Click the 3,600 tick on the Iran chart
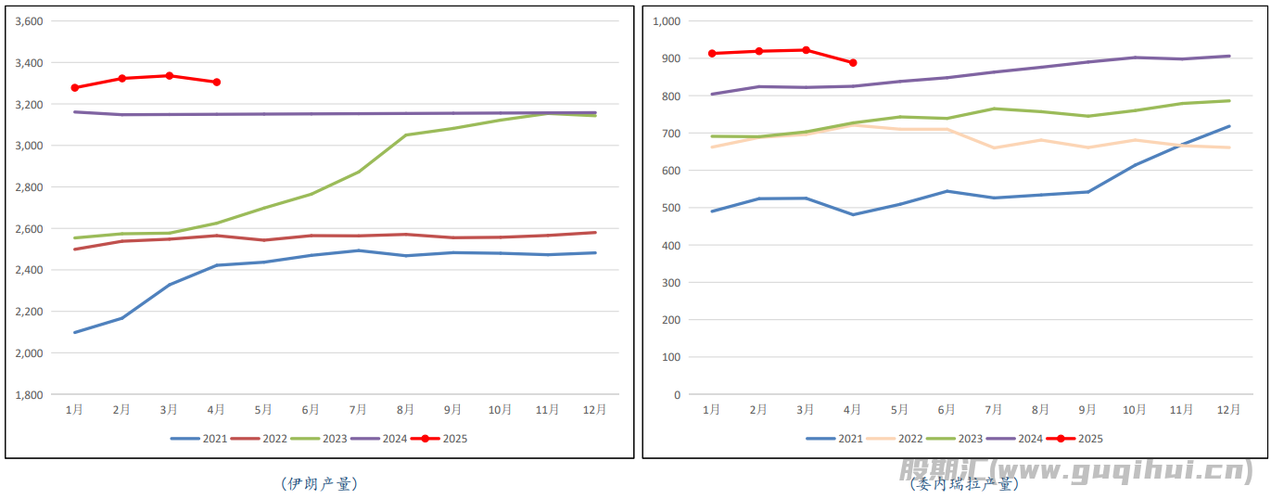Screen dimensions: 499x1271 [30, 21]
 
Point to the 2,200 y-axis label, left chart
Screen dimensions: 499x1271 [30, 312]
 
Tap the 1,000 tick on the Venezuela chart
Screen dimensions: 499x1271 [667, 21]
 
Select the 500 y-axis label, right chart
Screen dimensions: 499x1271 [671, 208]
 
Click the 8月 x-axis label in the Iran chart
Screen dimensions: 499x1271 [405, 409]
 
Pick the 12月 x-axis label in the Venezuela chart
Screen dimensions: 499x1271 [1228, 409]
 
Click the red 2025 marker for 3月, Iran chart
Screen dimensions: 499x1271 [170, 76]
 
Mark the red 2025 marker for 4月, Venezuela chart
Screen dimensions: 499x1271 [853, 63]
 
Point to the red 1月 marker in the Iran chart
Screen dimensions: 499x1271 [75, 88]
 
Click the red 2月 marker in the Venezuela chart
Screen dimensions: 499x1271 [758, 51]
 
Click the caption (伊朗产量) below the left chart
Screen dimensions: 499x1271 [318, 483]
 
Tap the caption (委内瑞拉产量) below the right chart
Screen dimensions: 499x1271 [964, 483]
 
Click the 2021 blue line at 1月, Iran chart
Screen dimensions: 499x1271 [75, 332]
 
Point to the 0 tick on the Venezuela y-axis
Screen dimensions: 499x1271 [677, 395]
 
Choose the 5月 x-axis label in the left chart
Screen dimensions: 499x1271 [263, 409]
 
